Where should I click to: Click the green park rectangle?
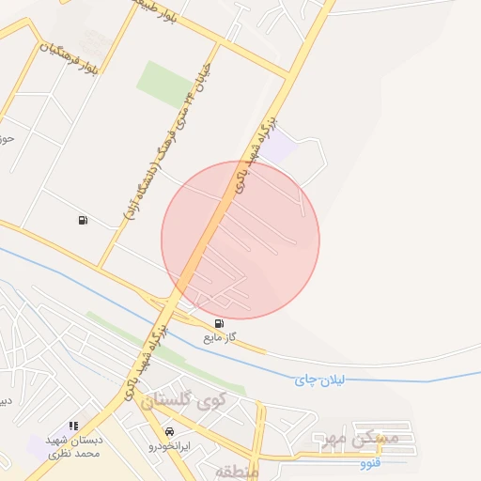tap(164, 83)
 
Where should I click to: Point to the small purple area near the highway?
tap(279, 146)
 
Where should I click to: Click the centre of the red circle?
tap(240, 240)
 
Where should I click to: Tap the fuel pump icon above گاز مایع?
tap(220, 322)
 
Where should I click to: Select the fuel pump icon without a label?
tap(83, 220)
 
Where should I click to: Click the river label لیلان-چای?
tap(321, 379)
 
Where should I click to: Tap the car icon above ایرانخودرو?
tap(169, 431)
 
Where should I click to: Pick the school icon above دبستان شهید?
tap(73, 427)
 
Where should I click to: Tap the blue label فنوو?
tap(371, 463)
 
